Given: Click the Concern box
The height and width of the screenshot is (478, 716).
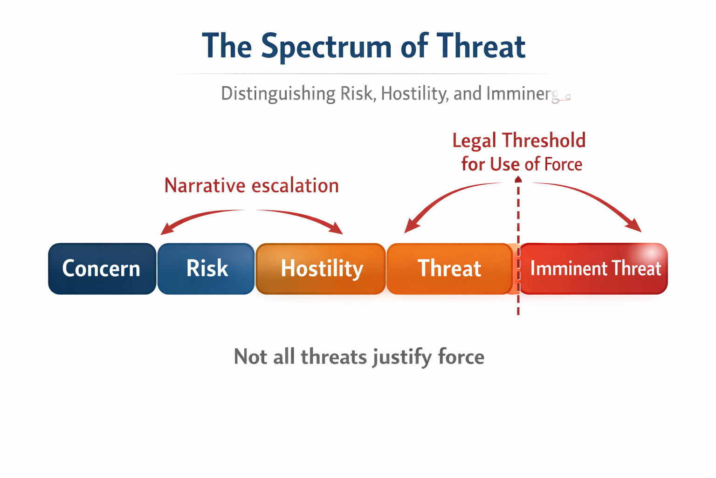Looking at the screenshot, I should (102, 268).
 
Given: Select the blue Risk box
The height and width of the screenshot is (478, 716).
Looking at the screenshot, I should (207, 268).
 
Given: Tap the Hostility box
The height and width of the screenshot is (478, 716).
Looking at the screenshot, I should (321, 268).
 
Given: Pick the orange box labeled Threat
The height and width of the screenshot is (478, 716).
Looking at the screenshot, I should (449, 268).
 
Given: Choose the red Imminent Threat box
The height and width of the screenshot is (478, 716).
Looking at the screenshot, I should (594, 269).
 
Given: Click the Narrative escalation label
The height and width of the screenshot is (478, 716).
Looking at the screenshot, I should (251, 185).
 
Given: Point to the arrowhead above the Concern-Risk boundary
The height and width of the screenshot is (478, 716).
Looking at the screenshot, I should (165, 230).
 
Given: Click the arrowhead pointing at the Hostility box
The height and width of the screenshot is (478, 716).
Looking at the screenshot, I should (337, 229).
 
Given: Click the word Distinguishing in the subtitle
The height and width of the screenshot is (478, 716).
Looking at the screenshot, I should (278, 93).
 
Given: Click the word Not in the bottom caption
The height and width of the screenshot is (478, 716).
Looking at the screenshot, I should (250, 357).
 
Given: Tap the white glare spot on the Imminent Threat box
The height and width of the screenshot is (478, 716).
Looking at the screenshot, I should (649, 253).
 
